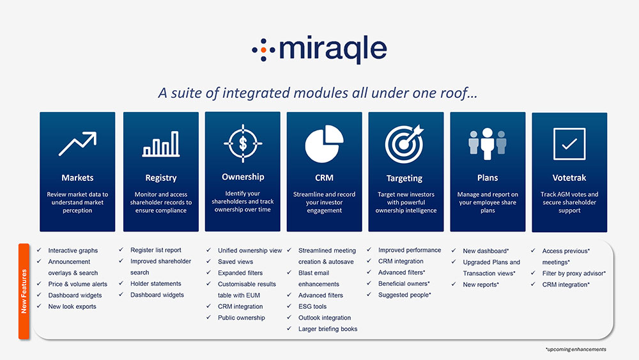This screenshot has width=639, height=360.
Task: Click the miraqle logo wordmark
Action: (333, 49)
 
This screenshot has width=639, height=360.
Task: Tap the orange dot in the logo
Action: (263, 50)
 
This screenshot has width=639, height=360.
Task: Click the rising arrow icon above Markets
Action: (77, 143)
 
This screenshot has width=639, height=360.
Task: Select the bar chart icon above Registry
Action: (161, 144)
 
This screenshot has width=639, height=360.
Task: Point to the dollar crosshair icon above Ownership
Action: (243, 143)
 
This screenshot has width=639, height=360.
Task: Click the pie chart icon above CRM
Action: (325, 144)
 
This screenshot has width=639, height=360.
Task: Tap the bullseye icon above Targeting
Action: (404, 144)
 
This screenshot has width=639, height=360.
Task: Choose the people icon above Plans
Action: (488, 143)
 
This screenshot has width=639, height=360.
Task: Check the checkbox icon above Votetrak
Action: (569, 144)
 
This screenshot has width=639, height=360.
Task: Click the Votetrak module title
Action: (569, 178)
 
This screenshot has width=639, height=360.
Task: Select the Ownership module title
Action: (243, 177)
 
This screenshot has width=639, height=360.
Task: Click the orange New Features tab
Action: (24, 291)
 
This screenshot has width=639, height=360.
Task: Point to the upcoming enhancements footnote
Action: (576, 349)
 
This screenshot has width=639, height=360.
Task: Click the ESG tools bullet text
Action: (312, 306)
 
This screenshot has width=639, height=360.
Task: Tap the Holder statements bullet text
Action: (156, 284)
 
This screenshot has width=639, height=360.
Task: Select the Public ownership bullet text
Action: (242, 318)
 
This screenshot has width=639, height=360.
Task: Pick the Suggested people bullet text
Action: (404, 295)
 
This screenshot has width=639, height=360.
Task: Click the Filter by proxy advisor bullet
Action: (574, 273)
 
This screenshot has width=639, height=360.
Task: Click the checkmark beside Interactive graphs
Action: (39, 250)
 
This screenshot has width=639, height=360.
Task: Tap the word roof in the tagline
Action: (453, 93)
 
